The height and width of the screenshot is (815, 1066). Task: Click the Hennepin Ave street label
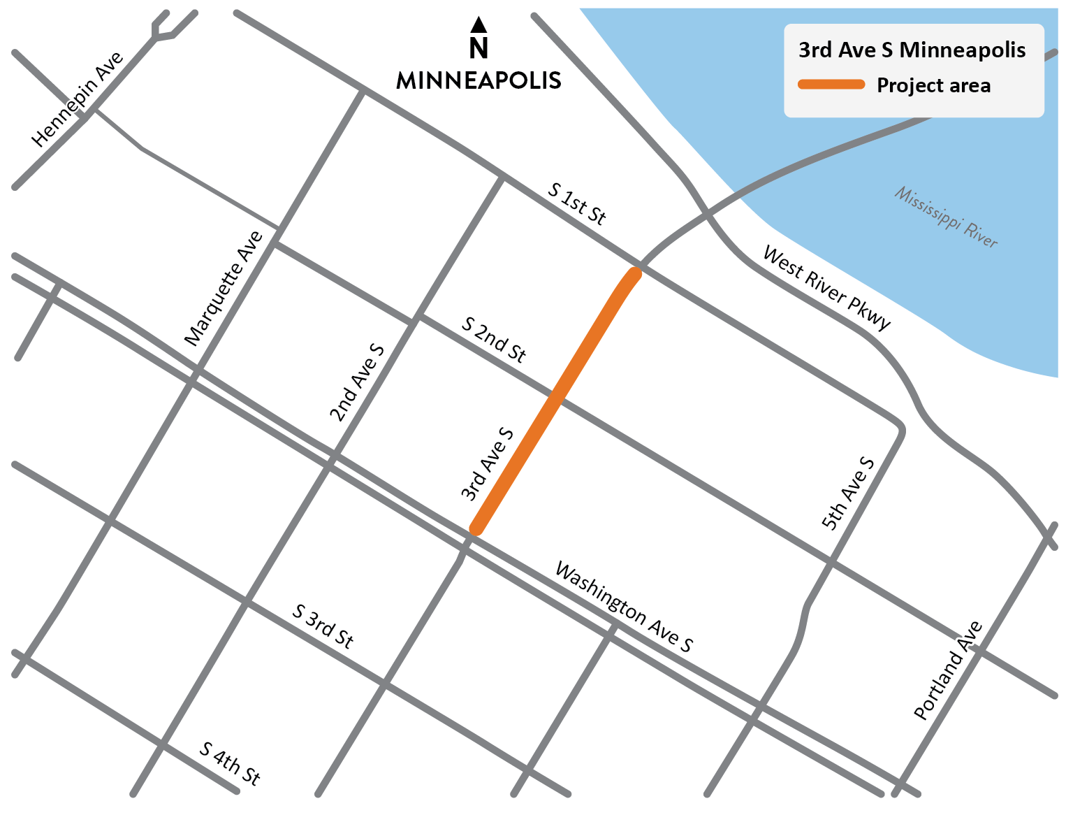coord(78,99)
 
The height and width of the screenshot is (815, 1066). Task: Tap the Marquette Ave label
coord(224,288)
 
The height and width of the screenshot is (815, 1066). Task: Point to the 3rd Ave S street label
coord(488,465)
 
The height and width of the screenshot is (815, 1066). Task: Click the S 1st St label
coord(576,203)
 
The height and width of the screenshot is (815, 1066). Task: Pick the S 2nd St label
coord(493,339)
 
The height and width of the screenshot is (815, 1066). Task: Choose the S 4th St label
coord(230,763)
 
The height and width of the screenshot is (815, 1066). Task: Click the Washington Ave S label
coord(623,607)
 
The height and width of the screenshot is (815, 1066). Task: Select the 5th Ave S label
coord(848,493)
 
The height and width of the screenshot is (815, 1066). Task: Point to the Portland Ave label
coord(949,670)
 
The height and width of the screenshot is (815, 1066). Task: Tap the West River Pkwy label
coord(827,287)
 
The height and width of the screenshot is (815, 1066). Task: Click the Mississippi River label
coord(946,217)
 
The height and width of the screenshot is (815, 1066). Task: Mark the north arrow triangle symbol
coord(479,25)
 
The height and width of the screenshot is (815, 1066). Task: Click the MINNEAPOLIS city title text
coord(479,80)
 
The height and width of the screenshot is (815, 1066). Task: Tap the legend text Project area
coord(933,85)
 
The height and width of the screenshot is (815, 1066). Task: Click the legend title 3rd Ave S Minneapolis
coord(912,50)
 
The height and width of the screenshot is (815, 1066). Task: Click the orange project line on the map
coord(555,401)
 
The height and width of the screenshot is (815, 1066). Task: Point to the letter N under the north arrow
coord(479,48)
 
